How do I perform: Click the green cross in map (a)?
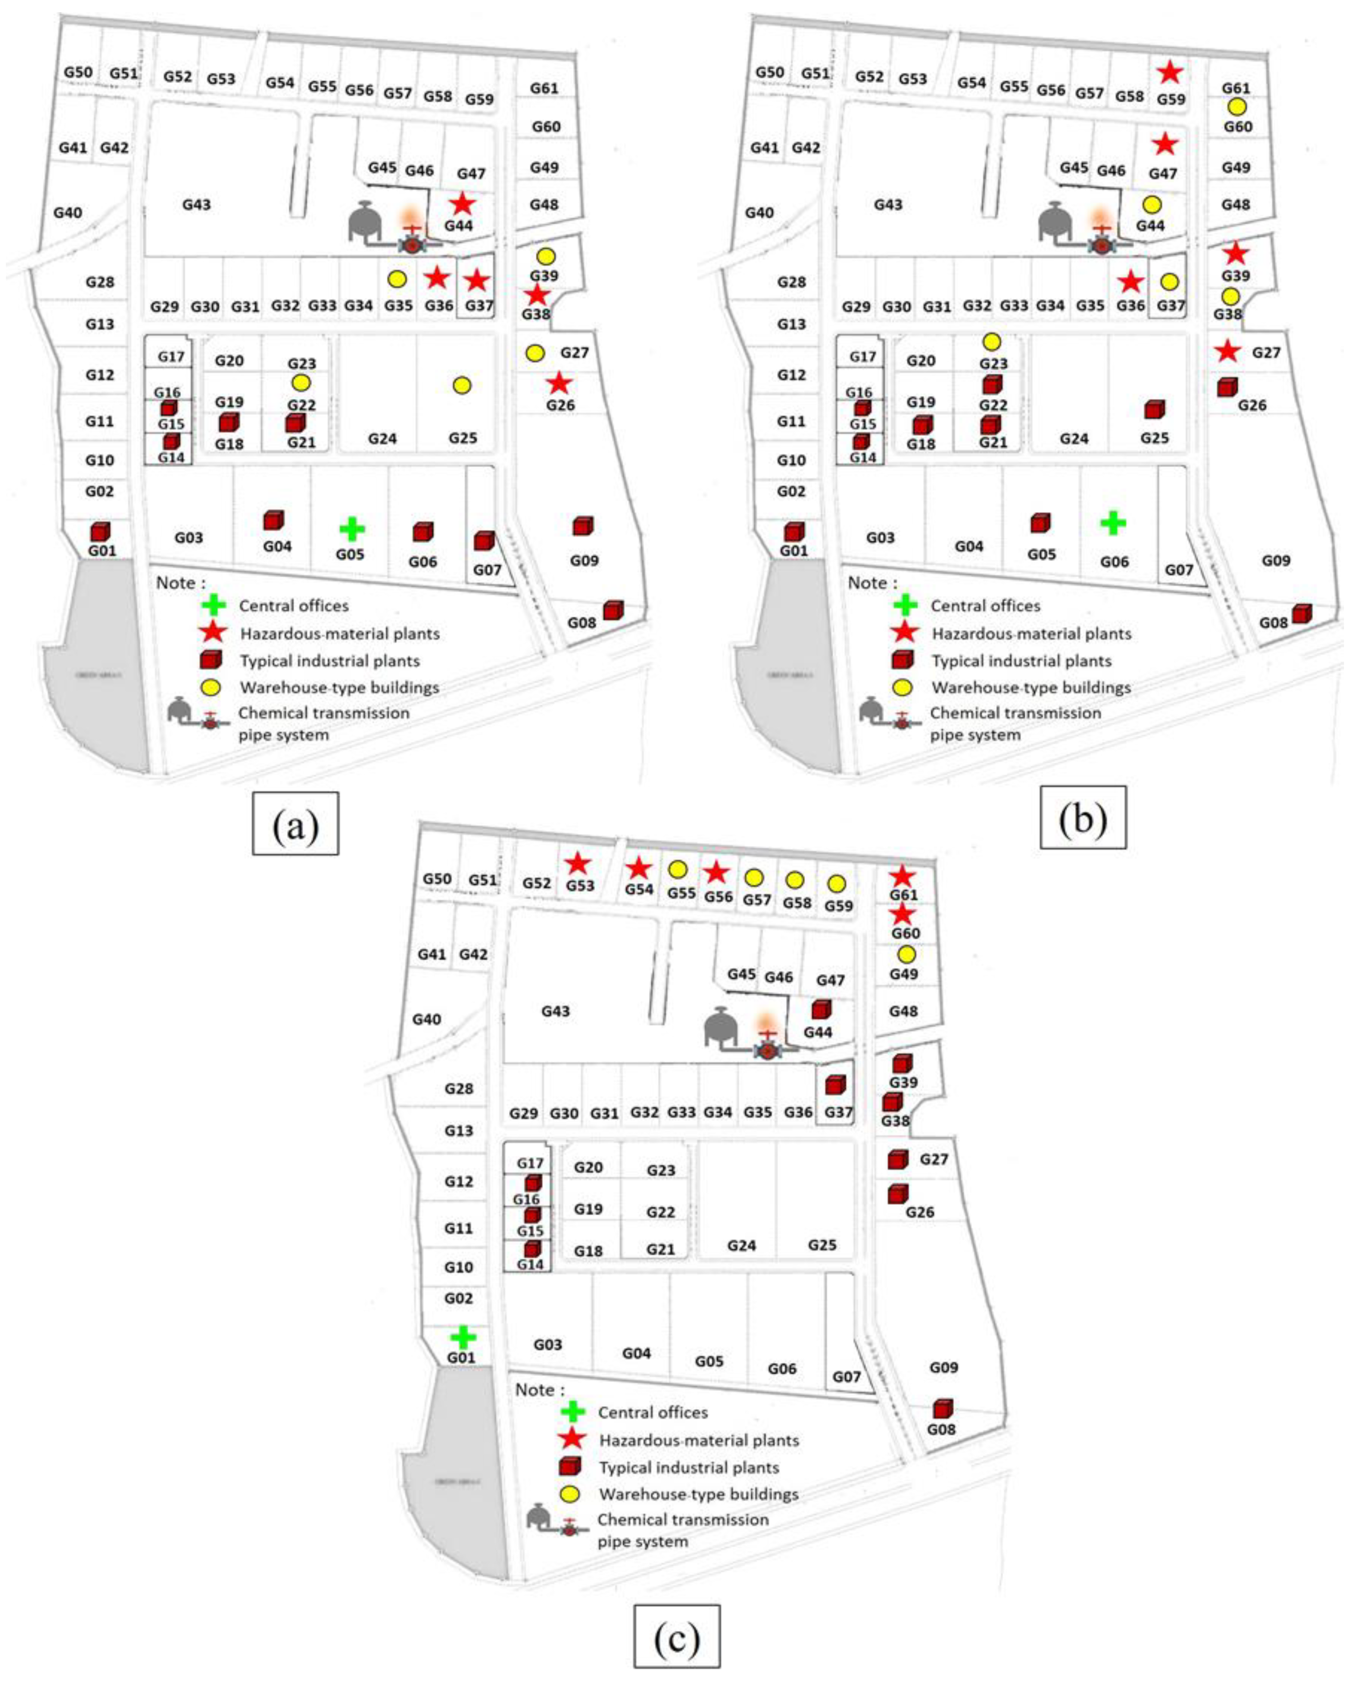point(352,529)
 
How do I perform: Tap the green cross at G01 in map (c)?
point(463,1337)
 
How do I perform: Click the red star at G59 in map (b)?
point(1170,73)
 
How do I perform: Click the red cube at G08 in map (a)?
point(613,610)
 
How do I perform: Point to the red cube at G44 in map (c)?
point(821,1009)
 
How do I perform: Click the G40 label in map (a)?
point(68,213)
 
